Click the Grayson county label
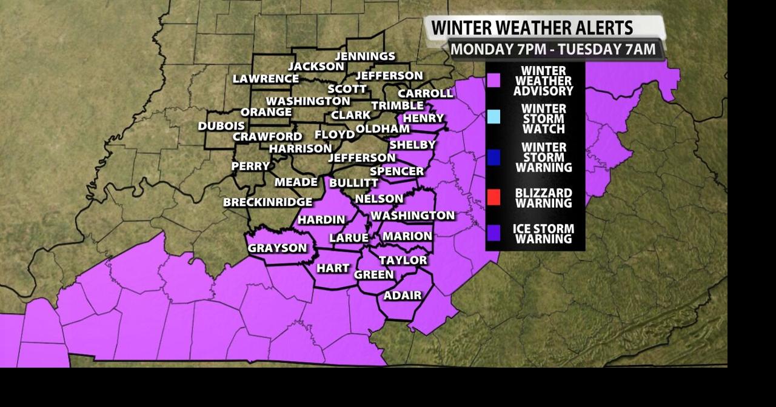point(277,248)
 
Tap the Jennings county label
point(365,56)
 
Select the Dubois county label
point(221,126)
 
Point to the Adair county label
point(403,296)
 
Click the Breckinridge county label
point(267,202)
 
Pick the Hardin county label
point(321,220)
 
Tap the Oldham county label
point(383,129)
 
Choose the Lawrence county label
point(266,79)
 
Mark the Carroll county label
point(425,93)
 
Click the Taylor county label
point(403,260)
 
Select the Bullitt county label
point(353,183)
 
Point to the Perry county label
point(250,166)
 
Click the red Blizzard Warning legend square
point(494,197)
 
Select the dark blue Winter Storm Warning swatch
point(494,157)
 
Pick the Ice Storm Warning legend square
point(494,233)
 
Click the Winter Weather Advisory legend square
point(494,80)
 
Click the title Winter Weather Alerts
point(532,28)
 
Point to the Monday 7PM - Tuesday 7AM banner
point(553,49)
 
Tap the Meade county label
point(296,182)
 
